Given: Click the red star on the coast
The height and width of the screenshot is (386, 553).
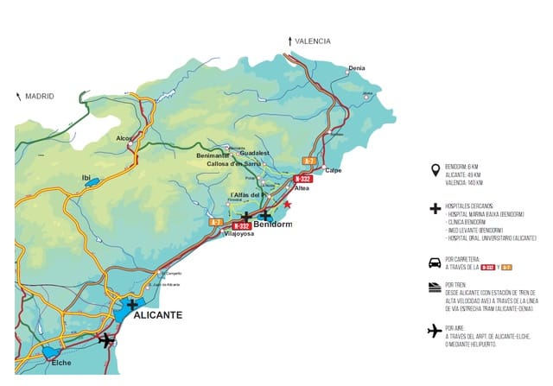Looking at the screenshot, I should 288,205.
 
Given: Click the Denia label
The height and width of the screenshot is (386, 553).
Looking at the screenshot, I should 356,68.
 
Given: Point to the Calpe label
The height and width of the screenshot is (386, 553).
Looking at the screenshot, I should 333,170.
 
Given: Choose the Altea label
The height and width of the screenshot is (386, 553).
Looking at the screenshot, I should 302,187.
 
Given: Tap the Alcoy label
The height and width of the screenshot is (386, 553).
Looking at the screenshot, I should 125,138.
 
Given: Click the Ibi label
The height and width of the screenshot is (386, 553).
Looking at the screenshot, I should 86,178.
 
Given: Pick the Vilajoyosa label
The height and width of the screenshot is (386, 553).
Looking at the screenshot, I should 239,234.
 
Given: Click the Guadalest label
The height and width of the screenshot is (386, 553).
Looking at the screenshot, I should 257,153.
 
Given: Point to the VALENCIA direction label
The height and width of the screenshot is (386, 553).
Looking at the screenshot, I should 312,41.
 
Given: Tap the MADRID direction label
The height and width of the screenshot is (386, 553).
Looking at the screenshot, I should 40,97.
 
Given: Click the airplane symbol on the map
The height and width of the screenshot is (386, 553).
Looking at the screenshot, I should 106,339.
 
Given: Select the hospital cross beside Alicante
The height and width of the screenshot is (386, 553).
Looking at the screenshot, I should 131,304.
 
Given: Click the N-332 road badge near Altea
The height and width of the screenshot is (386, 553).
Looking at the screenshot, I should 302,179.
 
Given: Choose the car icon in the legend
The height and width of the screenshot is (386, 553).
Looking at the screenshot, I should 435,263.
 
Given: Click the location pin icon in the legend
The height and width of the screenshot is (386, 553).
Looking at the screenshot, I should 434,170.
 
